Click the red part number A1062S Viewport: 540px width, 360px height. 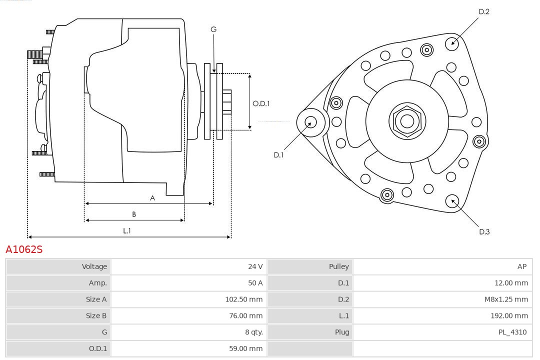[x=24, y=249]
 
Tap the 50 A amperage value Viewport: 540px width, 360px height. [x=255, y=283]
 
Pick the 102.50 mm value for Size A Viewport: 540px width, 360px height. [x=243, y=299]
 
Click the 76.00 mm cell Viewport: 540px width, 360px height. [x=246, y=316]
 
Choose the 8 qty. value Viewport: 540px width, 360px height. [x=253, y=332]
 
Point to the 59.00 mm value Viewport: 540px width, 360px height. [x=246, y=348]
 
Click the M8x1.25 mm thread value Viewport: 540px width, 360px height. [x=505, y=299]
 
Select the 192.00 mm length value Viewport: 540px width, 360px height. [x=509, y=316]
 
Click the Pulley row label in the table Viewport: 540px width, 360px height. [x=338, y=266]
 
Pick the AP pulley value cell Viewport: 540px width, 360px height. [x=522, y=266]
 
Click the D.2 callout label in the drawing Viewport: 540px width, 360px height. [x=484, y=11]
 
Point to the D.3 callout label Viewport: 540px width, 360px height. [x=484, y=231]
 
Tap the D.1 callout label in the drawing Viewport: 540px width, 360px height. [x=278, y=155]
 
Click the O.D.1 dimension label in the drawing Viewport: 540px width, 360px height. [x=261, y=103]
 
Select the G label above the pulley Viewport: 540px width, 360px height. [x=213, y=29]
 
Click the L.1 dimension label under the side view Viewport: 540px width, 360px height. [x=127, y=230]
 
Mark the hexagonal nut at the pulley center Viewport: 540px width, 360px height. [x=407, y=120]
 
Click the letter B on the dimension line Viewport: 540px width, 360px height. [x=134, y=214]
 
